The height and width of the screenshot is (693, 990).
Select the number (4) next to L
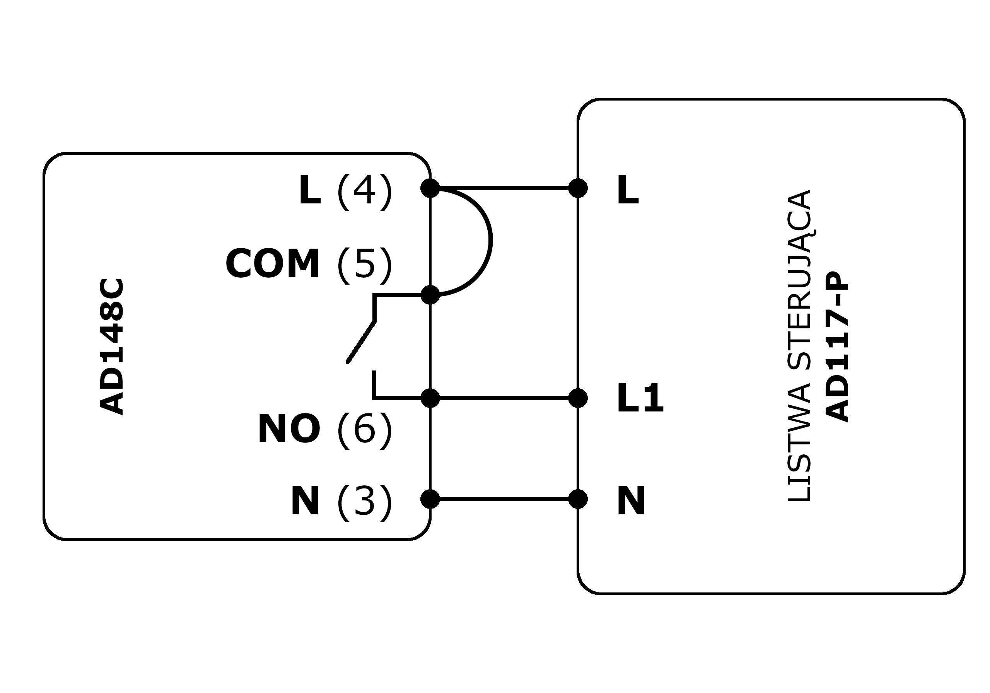[364, 191]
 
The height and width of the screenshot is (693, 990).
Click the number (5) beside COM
[364, 265]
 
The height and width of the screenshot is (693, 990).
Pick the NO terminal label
[289, 429]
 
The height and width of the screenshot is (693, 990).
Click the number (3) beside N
[364, 502]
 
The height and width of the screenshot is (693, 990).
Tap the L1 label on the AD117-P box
[640, 399]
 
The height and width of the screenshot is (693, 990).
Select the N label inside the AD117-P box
[631, 502]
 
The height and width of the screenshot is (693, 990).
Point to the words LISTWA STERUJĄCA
[799, 346]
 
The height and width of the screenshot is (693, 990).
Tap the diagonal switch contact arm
[361, 343]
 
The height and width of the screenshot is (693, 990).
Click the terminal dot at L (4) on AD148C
[430, 188]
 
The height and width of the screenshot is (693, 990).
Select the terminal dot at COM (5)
[430, 295]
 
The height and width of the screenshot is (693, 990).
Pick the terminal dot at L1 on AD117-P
[578, 398]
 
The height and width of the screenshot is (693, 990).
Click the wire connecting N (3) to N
[505, 499]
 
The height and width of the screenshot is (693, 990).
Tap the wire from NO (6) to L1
[505, 398]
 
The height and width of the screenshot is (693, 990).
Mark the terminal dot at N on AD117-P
[578, 499]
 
